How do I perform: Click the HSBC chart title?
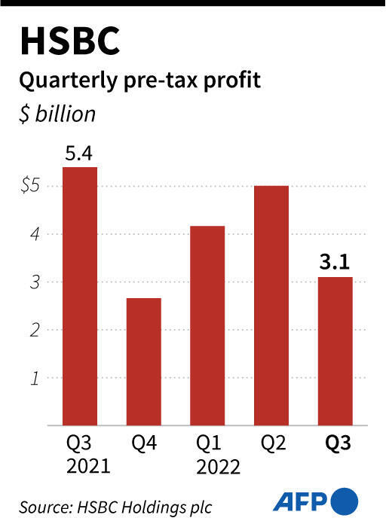coord(69,42)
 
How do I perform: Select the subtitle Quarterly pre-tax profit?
coord(140,81)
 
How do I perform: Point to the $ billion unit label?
coord(58,114)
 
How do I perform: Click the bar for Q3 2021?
coord(79,295)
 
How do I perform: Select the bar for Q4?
coord(142,361)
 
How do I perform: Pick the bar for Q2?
coord(271,305)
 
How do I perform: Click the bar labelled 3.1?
coord(334,351)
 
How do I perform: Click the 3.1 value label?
coord(334,264)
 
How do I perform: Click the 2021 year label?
coord(79,466)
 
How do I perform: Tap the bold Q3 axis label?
coord(334,443)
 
